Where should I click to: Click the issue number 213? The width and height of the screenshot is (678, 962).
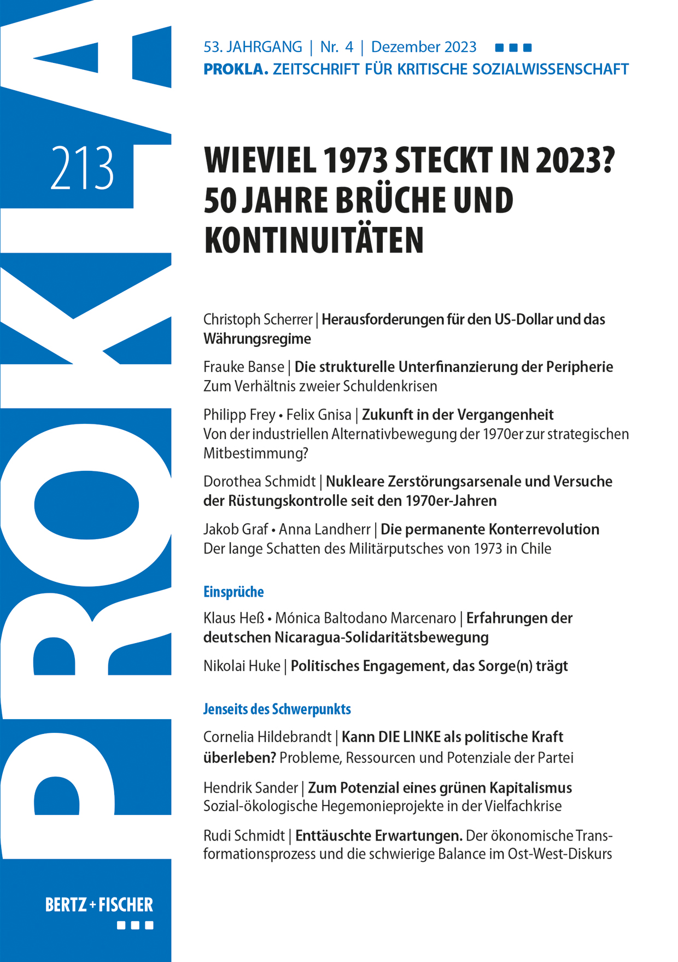pos(82,168)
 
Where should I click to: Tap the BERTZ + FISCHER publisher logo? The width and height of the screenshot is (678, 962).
pos(99,905)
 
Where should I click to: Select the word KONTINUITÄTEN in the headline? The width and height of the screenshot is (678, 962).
pos(314,240)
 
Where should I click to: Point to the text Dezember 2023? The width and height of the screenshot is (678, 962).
pos(424,47)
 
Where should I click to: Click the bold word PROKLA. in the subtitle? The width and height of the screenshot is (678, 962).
pos(236,69)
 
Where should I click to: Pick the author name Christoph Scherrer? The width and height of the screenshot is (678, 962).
pos(258,319)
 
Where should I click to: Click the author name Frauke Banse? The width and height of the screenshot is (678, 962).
pos(244,367)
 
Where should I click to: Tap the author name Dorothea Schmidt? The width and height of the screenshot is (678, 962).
pos(259,482)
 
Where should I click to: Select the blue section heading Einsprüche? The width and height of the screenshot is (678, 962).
pos(233,592)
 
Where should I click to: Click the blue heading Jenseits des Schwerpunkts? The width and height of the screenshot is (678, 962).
pos(277,709)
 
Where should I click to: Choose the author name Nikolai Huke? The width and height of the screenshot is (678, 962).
pos(242,666)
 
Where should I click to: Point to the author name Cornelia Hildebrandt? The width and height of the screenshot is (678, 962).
pos(267,737)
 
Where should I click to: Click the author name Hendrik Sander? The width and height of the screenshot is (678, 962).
pos(250,788)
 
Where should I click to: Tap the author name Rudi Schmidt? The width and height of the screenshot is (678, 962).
pos(244,836)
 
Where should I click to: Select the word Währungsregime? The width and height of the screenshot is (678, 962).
pos(257,339)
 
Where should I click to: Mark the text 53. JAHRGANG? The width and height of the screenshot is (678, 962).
pos(253,47)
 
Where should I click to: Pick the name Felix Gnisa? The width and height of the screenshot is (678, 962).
pos(319,415)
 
